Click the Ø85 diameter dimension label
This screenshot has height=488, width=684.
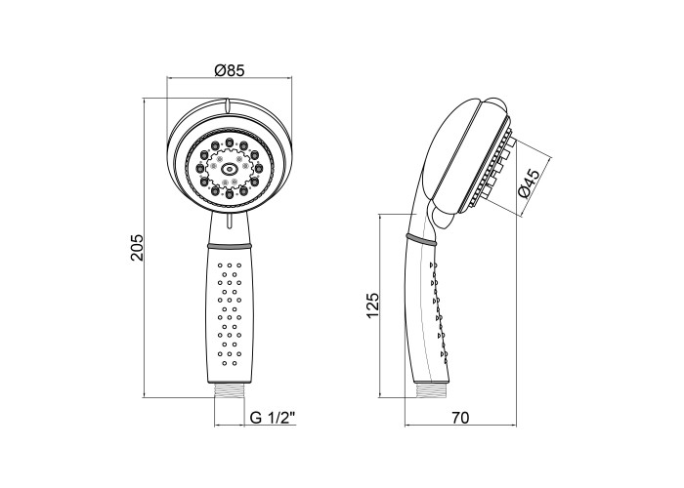(230, 70)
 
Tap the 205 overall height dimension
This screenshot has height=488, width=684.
(137, 248)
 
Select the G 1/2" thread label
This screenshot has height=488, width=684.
(273, 418)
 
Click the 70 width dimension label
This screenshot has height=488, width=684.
(460, 418)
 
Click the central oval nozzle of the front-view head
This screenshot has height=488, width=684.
(229, 168)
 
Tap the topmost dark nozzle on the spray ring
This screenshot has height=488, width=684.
(229, 142)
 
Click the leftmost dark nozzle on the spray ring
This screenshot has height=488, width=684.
(199, 168)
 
